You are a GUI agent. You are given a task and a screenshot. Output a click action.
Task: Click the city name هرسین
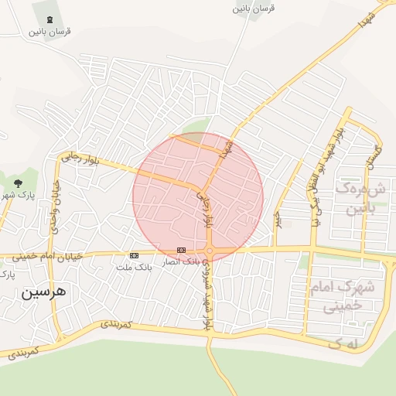click(44, 293)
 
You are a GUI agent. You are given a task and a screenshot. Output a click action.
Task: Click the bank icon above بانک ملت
click(134, 255)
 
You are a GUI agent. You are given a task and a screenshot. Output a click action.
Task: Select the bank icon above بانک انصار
click(181, 250)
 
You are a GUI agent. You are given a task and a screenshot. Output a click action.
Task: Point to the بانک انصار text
click(179, 262)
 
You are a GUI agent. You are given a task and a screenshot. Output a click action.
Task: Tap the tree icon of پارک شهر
click(18, 183)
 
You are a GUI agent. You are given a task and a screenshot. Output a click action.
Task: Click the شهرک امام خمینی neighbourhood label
click(341, 295)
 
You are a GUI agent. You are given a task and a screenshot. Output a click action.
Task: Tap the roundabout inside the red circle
click(210, 251)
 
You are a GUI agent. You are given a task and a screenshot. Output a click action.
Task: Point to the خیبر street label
click(276, 219)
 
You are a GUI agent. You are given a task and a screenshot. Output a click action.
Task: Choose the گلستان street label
click(374, 156)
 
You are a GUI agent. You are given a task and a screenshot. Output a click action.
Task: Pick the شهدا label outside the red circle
click(367, 21)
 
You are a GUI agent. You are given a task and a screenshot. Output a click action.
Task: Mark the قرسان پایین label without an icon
click(254, 9)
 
